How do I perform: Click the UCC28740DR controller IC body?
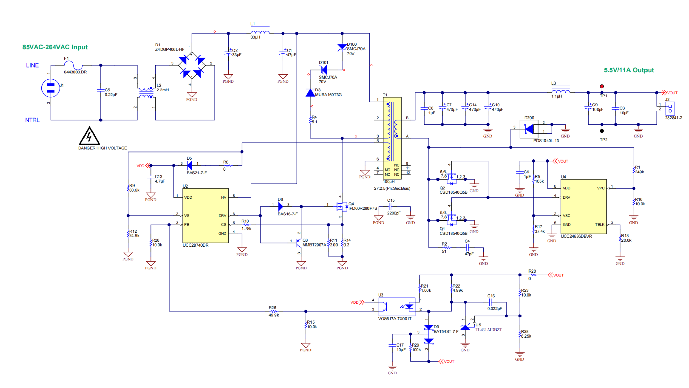pos(205,216)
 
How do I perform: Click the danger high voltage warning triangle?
pos(89,136)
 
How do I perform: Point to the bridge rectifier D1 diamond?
pos(192,65)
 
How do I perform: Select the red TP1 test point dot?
pos(602,86)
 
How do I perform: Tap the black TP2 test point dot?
pos(602,131)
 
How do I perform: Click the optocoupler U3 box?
pos(397,307)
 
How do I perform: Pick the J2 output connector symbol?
pos(670,108)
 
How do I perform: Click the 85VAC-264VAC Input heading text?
pos(55,47)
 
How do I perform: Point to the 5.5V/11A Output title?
pos(628,70)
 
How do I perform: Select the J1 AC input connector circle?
pos(51,88)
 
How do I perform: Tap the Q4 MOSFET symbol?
pos(341,206)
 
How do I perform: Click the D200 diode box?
pos(528,129)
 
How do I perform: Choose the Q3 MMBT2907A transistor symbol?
pos(299,243)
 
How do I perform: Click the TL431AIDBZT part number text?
pos(488,330)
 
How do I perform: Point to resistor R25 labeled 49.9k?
pos(273,311)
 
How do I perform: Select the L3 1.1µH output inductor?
pos(561,91)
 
